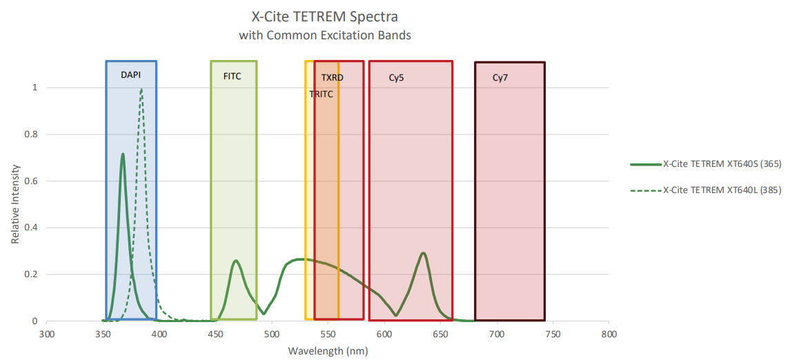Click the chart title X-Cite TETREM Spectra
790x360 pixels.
point(325,15)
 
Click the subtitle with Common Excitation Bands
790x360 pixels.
point(325,34)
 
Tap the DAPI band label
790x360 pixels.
point(130,76)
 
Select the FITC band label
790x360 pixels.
point(233,76)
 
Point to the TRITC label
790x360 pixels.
point(321,94)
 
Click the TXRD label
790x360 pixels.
point(332,77)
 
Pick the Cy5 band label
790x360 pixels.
point(396,77)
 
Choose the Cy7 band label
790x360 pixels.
point(500,77)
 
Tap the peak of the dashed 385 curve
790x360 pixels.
point(141,88)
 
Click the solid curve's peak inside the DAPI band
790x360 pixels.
point(123,154)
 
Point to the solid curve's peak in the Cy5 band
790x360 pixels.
point(423,253)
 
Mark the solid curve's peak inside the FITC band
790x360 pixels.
point(236,261)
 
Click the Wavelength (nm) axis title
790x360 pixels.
point(328,351)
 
